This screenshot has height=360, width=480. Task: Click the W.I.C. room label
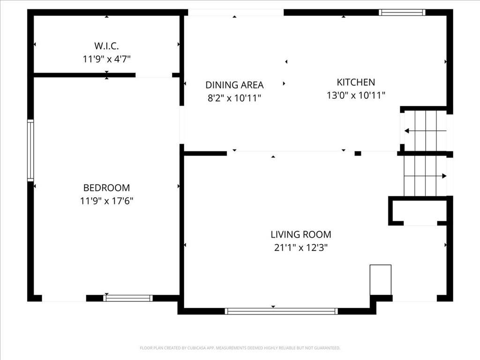(106, 46)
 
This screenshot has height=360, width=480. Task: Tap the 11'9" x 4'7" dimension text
(106, 59)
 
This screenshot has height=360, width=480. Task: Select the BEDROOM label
(106, 187)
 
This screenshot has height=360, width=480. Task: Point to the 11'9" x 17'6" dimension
(106, 201)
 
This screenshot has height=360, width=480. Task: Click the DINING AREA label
(234, 85)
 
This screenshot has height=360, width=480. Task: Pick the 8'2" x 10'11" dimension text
(234, 98)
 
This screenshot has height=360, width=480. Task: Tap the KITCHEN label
(356, 82)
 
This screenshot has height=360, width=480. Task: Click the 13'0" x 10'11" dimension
(356, 95)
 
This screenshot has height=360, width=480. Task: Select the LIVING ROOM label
(301, 234)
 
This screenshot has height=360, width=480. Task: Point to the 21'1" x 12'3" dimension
(301, 247)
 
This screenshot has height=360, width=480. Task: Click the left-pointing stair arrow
(426, 131)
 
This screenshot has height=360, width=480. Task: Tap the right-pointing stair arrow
(425, 176)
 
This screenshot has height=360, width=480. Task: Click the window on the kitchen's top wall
(402, 12)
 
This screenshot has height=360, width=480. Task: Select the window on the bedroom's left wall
(30, 150)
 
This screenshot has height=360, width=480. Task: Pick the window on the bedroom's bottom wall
(128, 298)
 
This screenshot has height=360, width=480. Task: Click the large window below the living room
(281, 311)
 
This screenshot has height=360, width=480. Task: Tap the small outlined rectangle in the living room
(381, 280)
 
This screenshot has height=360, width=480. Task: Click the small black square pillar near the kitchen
(358, 153)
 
